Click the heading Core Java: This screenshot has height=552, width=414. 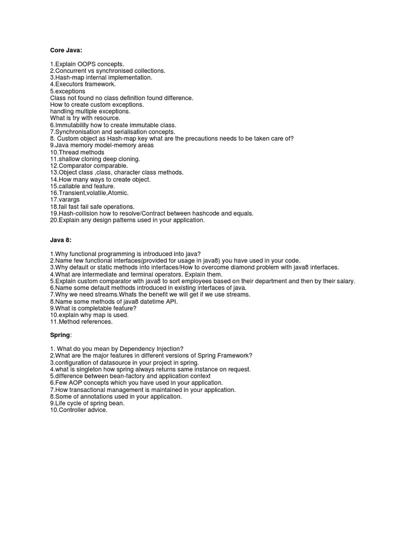tap(67, 50)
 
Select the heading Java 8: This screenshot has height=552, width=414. tap(60, 240)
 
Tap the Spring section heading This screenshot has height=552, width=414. tap(60, 335)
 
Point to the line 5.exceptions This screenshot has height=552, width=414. tap(67, 91)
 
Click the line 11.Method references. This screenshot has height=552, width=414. tap(81, 321)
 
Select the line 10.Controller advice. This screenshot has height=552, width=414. tap(79, 410)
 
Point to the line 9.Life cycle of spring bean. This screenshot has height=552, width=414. tap(87, 403)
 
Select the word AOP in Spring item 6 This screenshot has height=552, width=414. tap(72, 383)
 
